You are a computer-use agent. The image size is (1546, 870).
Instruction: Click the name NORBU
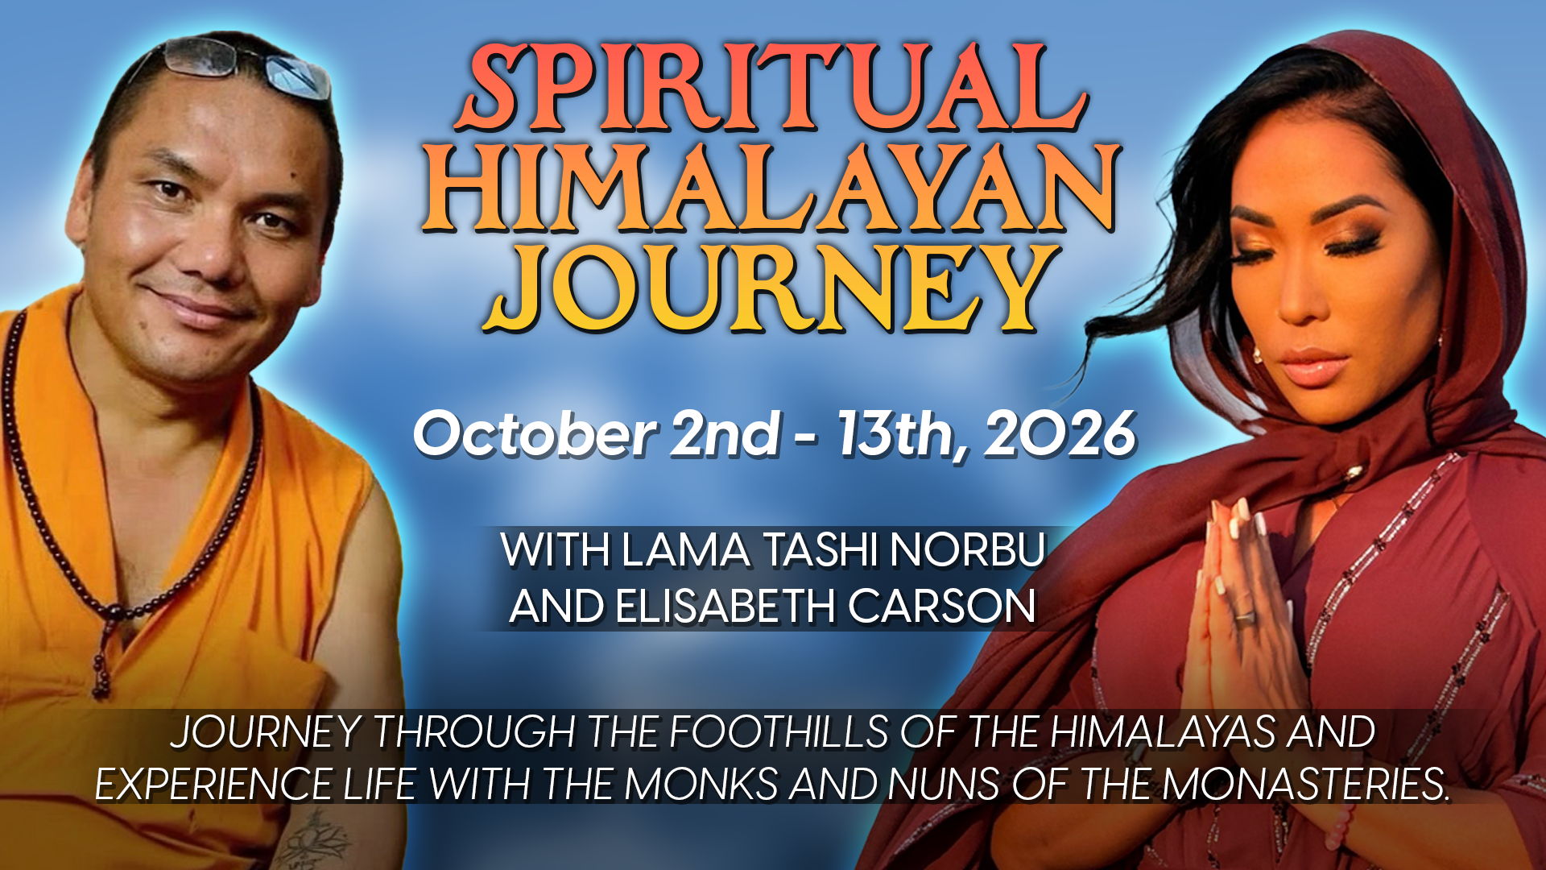click(967, 551)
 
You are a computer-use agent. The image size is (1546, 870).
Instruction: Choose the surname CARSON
click(941, 607)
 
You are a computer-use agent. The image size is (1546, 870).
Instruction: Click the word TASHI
click(821, 551)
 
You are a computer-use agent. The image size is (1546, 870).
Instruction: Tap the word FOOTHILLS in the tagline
click(779, 732)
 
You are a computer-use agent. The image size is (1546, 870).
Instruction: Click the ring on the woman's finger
click(1245, 616)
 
